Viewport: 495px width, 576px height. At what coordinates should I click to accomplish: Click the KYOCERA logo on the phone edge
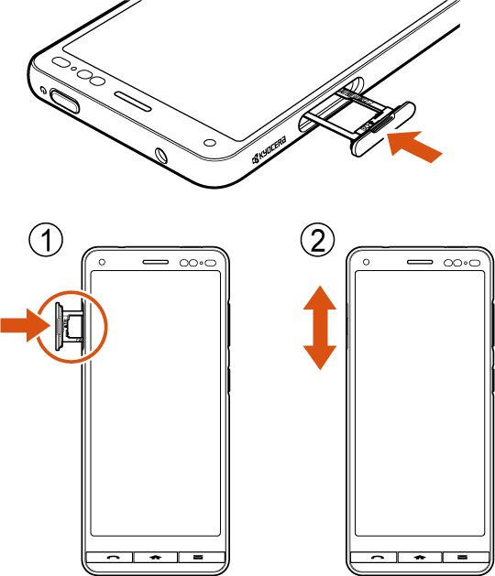(x=269, y=151)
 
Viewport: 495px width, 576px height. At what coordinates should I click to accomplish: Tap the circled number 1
(x=46, y=241)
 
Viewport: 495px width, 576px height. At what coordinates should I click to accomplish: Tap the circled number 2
(x=318, y=241)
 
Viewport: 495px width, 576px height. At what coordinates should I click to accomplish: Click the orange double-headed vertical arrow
(x=320, y=327)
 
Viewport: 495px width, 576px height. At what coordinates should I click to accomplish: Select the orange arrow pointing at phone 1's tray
(x=25, y=325)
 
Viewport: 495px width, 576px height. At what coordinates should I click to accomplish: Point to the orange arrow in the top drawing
(x=414, y=146)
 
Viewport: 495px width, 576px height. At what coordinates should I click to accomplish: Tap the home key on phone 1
(x=156, y=557)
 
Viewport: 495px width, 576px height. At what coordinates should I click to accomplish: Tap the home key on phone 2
(x=420, y=557)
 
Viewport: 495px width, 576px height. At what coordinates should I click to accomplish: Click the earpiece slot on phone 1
(x=156, y=262)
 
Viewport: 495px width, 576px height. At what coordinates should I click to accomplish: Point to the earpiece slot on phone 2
(x=420, y=262)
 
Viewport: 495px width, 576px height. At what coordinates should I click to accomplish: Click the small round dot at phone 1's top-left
(x=103, y=262)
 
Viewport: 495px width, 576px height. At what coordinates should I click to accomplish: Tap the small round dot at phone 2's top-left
(x=366, y=262)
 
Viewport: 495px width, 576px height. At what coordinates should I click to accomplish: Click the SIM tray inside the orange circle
(x=68, y=326)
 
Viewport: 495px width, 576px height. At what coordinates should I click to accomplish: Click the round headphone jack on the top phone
(x=161, y=156)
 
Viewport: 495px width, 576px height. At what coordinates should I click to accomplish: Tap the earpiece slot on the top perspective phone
(x=133, y=101)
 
